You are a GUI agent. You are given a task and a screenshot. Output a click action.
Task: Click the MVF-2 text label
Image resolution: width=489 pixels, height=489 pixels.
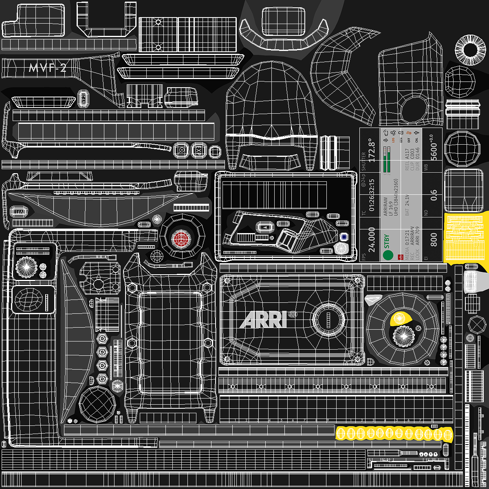click(47, 68)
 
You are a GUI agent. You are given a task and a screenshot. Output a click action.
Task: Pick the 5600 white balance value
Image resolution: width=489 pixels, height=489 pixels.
click(434, 152)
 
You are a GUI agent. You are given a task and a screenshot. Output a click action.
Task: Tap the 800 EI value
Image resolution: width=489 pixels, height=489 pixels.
click(434, 240)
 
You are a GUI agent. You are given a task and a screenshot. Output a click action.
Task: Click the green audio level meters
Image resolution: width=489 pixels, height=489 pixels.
click(388, 161)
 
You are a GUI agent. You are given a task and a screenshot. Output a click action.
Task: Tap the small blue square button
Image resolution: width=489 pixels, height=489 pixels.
click(344, 237)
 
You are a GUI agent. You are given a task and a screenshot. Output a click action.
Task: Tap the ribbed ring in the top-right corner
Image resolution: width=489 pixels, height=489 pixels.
click(471, 50)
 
